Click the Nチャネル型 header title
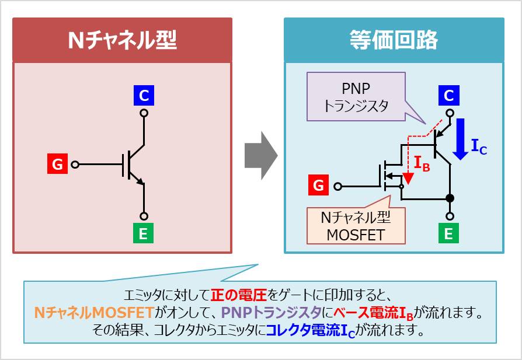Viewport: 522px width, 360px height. click(122, 40)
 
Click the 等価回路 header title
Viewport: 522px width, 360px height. click(394, 40)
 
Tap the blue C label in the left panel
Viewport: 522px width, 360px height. click(144, 95)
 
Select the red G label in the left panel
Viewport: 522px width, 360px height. click(57, 165)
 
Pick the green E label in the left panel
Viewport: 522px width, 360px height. click(144, 234)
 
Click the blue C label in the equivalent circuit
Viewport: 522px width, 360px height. click(448, 95)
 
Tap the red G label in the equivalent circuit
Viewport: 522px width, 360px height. click(318, 186)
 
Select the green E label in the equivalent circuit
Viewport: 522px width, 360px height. click(448, 234)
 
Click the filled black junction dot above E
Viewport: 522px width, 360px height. click(449, 198)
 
